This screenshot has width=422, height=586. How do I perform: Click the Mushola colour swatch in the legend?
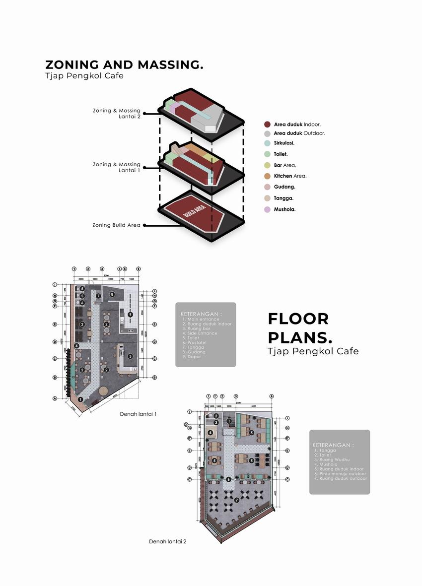point(267,209)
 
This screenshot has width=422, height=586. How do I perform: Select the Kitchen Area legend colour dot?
point(267,176)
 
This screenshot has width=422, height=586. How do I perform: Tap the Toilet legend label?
point(281,154)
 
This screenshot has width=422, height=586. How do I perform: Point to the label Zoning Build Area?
point(116,225)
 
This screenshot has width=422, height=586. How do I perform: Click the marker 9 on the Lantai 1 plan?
point(130,315)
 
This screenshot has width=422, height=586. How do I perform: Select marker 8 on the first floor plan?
point(112,295)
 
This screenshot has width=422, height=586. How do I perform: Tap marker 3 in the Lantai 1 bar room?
point(130,356)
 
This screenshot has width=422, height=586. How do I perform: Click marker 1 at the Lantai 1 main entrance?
point(80,398)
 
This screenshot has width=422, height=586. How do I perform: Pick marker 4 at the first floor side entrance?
point(76,346)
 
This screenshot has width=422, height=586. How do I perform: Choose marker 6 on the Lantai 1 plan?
point(82,302)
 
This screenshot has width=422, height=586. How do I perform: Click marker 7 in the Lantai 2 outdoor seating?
point(237,500)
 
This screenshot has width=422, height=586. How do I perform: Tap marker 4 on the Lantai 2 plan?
point(211,433)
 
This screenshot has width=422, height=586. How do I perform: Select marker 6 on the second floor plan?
point(228,479)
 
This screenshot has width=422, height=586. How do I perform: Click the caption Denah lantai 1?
point(138,413)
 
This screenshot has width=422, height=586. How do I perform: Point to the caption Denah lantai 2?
point(168,541)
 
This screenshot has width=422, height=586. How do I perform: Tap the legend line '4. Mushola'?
point(326,464)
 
